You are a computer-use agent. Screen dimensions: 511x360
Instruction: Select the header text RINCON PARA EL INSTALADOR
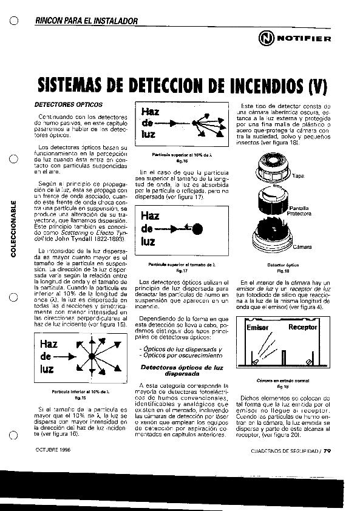pos(87,21)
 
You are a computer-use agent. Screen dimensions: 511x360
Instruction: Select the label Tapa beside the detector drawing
pos(298,176)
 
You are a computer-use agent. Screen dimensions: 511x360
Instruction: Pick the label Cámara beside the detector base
pos(302,247)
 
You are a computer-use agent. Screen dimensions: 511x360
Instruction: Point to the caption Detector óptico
pos(282,265)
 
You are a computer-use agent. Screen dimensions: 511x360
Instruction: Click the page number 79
pos(327,451)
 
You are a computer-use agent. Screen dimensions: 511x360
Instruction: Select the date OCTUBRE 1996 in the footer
pos(53,450)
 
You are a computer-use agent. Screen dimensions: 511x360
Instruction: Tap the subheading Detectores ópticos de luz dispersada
pos(182,371)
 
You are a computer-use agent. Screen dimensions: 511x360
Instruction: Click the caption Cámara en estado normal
pos(282,381)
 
